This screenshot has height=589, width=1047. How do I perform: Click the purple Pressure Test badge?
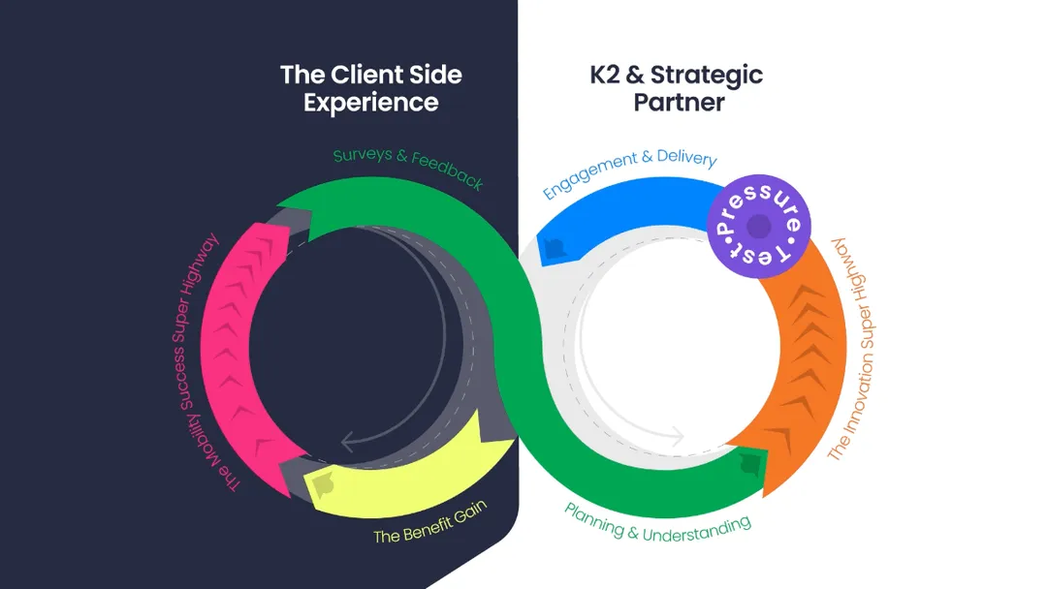click(x=759, y=228)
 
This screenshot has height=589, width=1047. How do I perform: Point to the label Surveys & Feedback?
click(x=407, y=168)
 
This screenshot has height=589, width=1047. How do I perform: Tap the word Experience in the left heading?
click(x=371, y=102)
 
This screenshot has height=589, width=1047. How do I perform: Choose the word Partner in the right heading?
click(x=679, y=102)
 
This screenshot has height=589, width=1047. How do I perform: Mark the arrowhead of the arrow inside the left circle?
click(x=347, y=444)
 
